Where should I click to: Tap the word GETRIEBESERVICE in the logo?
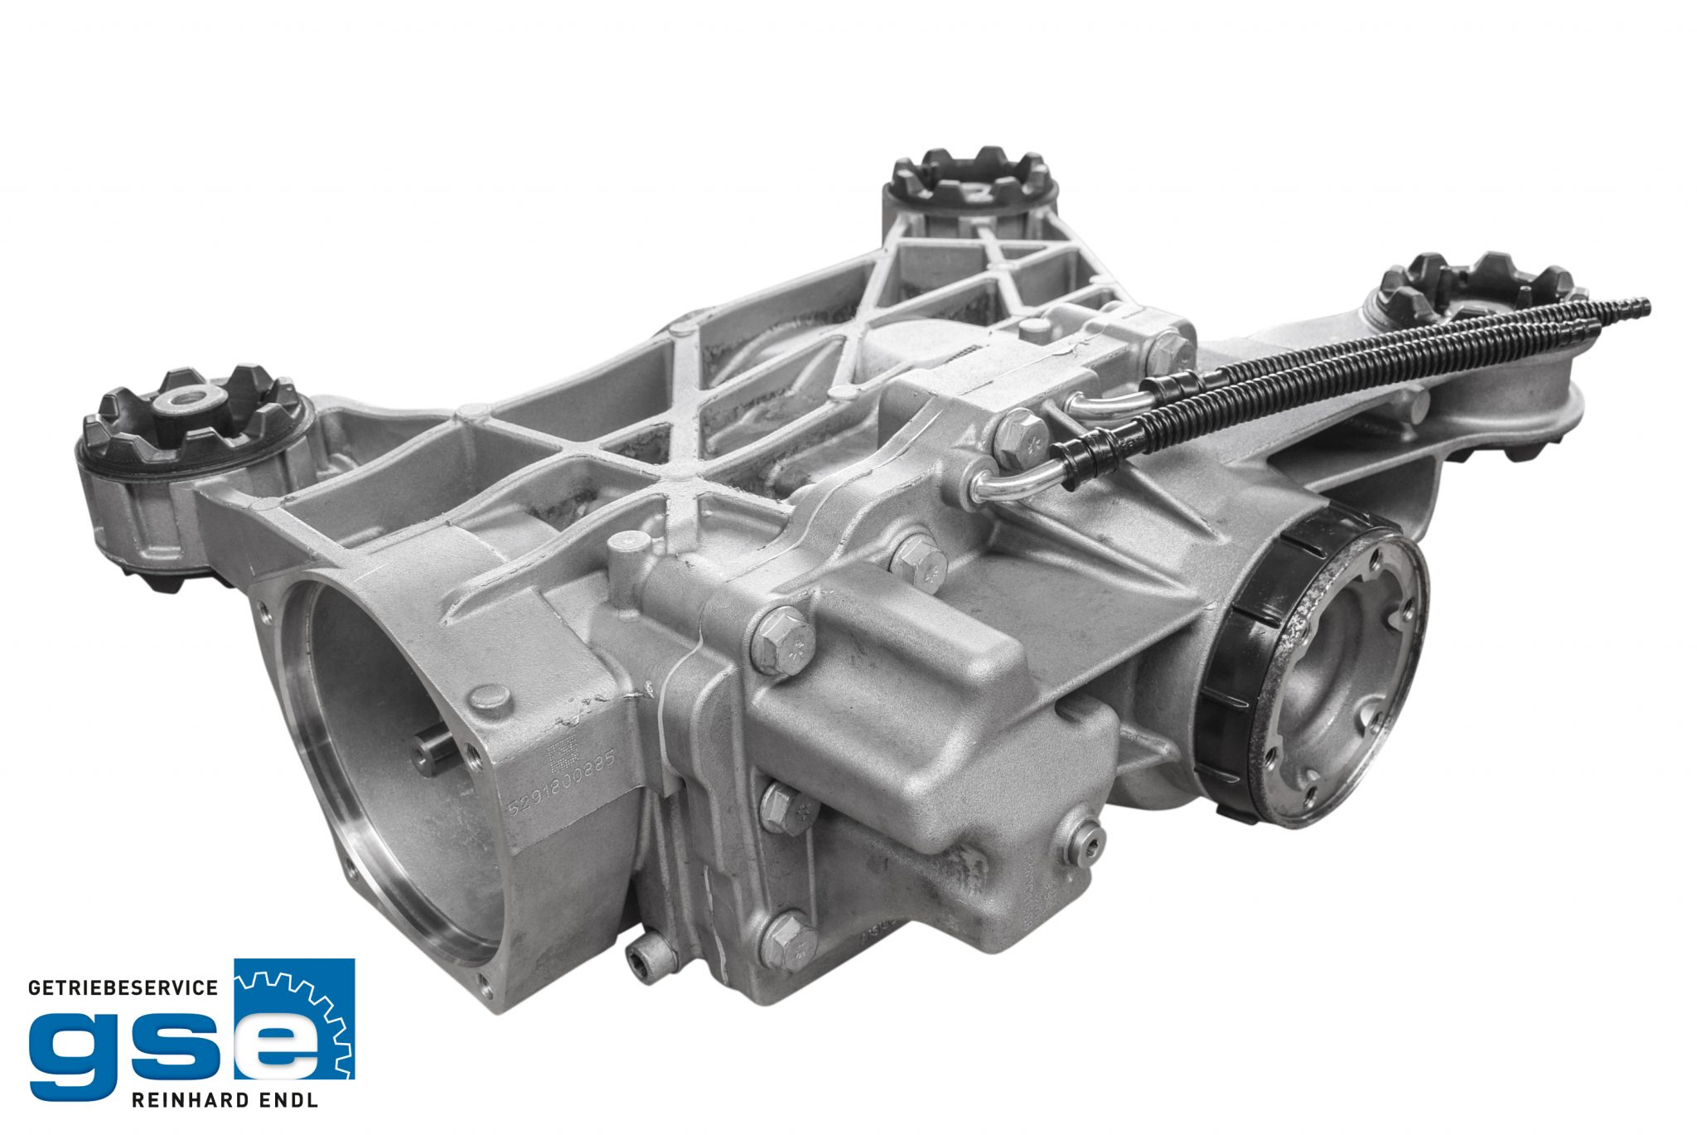(x=123, y=987)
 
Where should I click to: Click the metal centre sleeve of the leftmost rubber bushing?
(x=183, y=400)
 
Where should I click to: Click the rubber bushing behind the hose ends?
(x=1475, y=286)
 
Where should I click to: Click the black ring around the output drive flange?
(x=1239, y=663)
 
